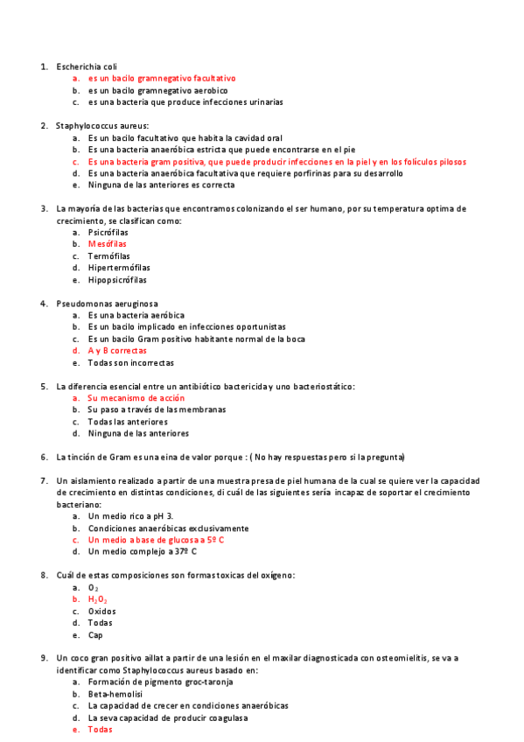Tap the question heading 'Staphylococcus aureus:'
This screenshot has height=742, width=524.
tap(102, 126)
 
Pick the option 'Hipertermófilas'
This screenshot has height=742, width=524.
tap(119, 269)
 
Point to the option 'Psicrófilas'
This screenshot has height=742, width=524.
tap(108, 233)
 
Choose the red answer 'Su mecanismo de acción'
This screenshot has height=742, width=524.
tap(136, 398)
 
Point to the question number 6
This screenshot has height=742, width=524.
tap(44, 458)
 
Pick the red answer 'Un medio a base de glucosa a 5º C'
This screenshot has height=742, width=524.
tap(156, 541)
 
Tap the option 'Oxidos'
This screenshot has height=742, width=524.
tap(101, 612)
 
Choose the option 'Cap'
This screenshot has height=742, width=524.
tap(94, 635)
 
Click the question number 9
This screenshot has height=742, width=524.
tap(44, 658)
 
